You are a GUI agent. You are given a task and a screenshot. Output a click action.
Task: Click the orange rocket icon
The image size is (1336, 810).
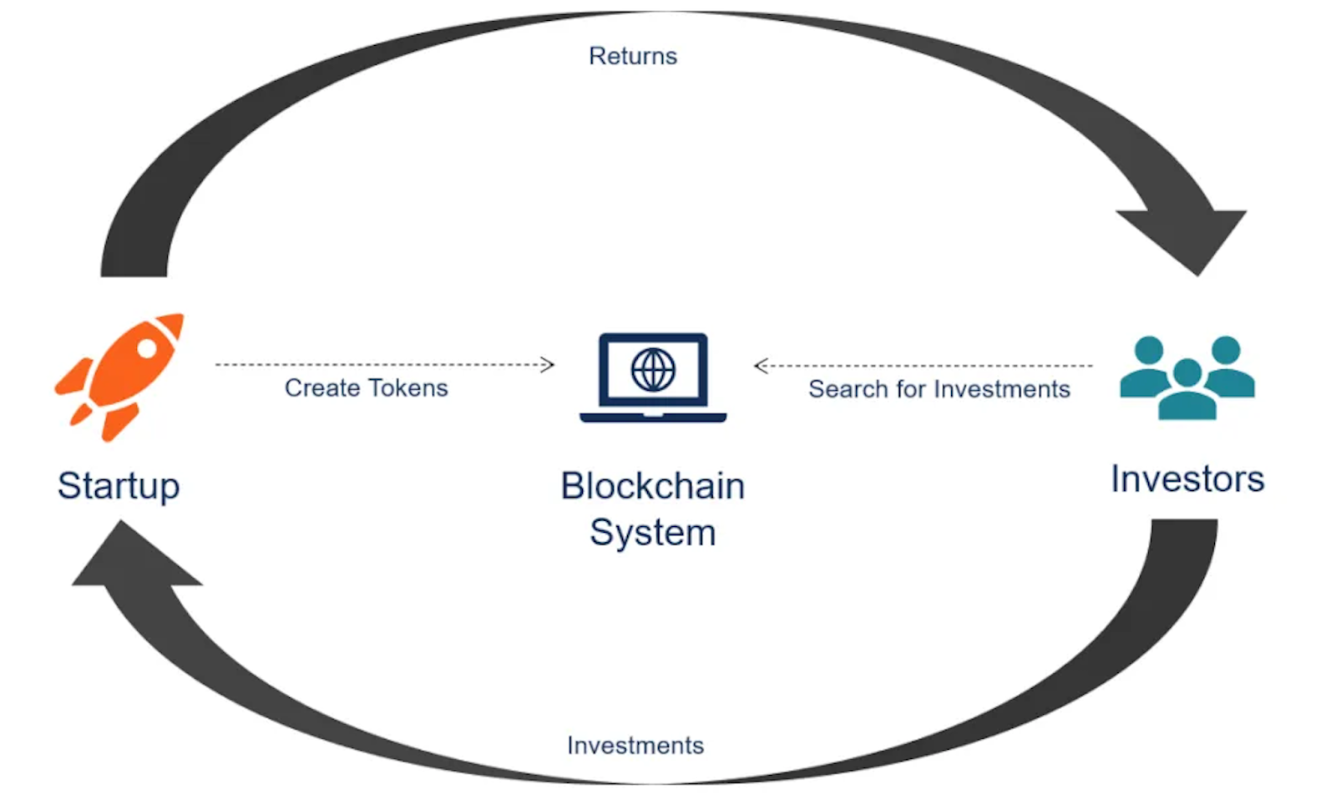pos(119,377)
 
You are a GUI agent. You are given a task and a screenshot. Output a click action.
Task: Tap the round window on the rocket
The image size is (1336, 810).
pos(147,348)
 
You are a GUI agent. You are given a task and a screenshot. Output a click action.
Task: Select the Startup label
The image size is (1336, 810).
pos(119,487)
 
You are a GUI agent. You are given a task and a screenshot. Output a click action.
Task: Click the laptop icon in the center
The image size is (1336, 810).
pos(653,377)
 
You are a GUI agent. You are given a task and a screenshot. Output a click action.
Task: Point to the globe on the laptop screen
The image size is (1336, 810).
pos(653,370)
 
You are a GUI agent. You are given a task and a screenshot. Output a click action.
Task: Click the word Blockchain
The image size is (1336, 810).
pos(653,485)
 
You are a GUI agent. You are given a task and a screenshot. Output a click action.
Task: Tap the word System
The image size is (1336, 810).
pos(653,532)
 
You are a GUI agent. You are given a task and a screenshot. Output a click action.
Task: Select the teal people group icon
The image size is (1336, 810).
pos(1187,377)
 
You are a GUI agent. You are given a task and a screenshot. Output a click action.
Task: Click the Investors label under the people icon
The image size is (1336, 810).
pos(1187,479)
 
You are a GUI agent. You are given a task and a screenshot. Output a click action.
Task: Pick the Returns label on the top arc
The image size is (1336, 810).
pos(633,56)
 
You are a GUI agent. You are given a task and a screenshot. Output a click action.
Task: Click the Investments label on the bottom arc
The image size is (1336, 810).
pos(635,746)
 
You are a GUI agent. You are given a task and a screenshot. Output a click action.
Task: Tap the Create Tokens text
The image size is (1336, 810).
pos(367,387)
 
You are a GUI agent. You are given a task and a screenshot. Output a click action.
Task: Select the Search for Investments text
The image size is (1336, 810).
pos(939,389)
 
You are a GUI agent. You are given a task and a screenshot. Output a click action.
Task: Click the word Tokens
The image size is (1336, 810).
pos(408,387)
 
